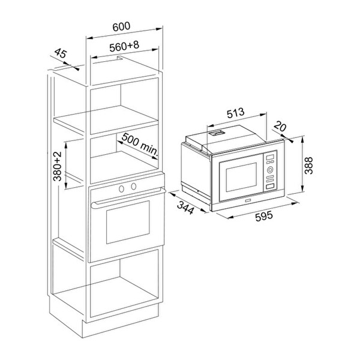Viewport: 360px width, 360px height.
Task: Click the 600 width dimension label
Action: tap(121, 26)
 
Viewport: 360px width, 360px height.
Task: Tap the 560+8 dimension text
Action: tap(124, 46)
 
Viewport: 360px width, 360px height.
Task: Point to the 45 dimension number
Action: tap(61, 53)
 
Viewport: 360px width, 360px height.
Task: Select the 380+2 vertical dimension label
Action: tap(58, 166)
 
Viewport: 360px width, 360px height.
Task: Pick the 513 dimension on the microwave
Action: tap(236, 113)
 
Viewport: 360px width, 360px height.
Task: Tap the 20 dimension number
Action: tap(280, 126)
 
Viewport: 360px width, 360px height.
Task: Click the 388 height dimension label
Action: tap(308, 166)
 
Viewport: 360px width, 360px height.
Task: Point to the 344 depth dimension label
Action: tap(185, 208)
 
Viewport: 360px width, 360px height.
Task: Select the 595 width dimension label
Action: tap(264, 216)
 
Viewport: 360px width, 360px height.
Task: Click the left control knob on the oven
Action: tap(121, 189)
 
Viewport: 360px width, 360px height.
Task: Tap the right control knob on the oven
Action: tap(133, 186)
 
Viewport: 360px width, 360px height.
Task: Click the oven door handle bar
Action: tap(128, 197)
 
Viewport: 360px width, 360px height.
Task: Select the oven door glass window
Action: tap(128, 222)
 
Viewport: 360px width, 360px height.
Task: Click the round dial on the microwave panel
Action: tap(270, 170)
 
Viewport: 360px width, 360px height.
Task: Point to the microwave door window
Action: tap(241, 177)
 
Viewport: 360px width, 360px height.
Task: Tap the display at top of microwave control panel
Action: tap(270, 157)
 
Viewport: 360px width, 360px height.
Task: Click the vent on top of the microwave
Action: tap(216, 133)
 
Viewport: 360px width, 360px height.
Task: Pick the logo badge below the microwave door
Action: tap(248, 200)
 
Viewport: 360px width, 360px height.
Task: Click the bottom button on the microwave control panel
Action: tap(270, 187)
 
